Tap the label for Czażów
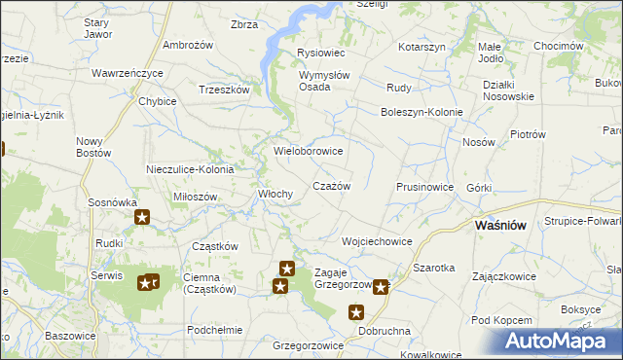pyautogui.click(x=330, y=185)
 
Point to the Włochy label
pyautogui.click(x=275, y=194)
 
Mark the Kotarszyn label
pyautogui.click(x=421, y=47)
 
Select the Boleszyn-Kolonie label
pyautogui.click(x=421, y=111)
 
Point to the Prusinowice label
pyautogui.click(x=424, y=186)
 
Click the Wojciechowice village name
pyautogui.click(x=377, y=240)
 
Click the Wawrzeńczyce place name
pyautogui.click(x=128, y=73)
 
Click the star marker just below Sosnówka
pyautogui.click(x=142, y=218)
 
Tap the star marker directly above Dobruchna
pyautogui.click(x=356, y=312)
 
